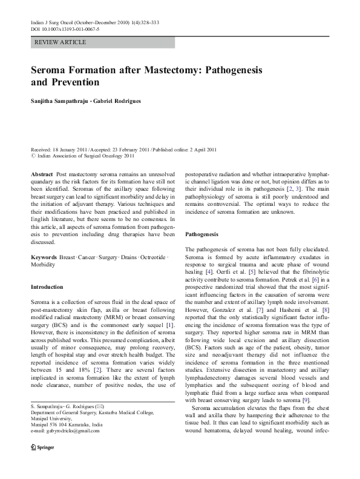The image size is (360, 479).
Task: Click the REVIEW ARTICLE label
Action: click(x=61, y=42)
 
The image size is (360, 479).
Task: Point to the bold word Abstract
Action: click(x=42, y=173)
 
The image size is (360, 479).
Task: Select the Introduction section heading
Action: click(x=47, y=286)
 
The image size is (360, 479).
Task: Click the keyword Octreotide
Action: click(x=148, y=257)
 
